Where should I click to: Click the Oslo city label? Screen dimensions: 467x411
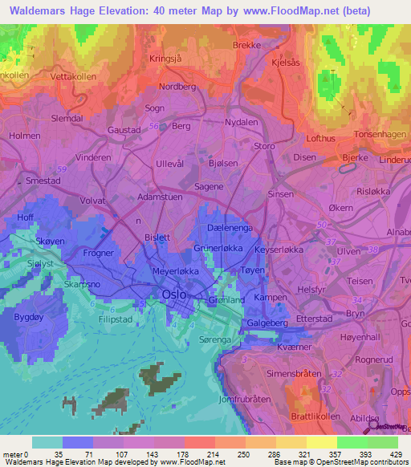(173, 294)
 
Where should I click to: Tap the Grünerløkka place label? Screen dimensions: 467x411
(218, 249)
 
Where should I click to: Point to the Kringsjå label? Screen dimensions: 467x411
(168, 59)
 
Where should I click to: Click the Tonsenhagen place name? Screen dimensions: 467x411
(378, 135)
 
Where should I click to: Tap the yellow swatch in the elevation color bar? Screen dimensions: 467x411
(321, 442)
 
